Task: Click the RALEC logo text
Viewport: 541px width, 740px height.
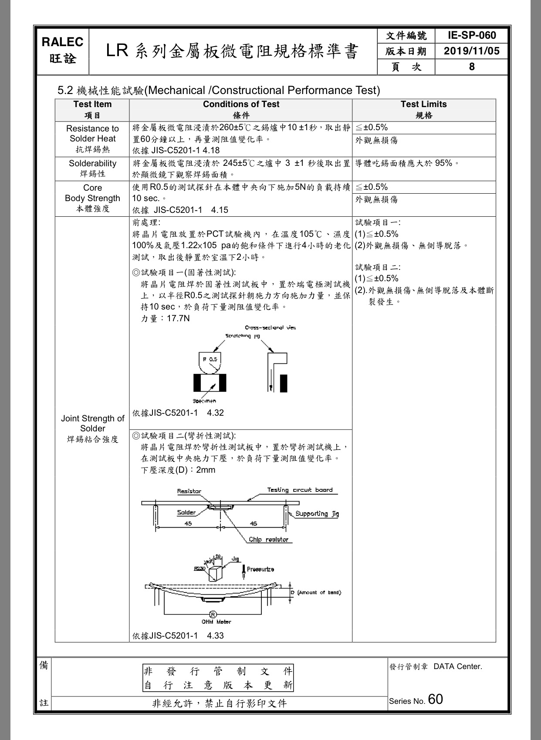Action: coord(63,42)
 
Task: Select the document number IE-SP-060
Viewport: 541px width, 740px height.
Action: coord(472,36)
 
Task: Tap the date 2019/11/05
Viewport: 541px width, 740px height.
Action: coord(472,51)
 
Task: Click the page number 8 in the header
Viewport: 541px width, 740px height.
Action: coord(472,67)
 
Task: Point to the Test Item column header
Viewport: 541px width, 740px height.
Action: coord(92,104)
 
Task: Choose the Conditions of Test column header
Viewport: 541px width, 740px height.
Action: coord(241,104)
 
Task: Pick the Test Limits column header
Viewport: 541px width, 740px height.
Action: coord(423,104)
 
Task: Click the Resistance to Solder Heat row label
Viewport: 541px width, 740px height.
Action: coord(92,134)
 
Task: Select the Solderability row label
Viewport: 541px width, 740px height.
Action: coord(92,164)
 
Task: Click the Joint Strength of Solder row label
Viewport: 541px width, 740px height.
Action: coord(92,424)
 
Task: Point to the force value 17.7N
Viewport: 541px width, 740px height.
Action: coord(178,319)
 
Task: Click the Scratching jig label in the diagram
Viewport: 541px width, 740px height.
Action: coord(243,336)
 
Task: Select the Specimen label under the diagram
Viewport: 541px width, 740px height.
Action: coord(204,401)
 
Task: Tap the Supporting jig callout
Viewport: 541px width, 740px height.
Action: coord(317,514)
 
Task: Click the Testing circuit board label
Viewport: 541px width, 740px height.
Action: coord(300,490)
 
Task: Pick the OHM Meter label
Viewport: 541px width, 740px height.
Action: coord(216,622)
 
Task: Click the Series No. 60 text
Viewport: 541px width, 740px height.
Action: coord(416,700)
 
